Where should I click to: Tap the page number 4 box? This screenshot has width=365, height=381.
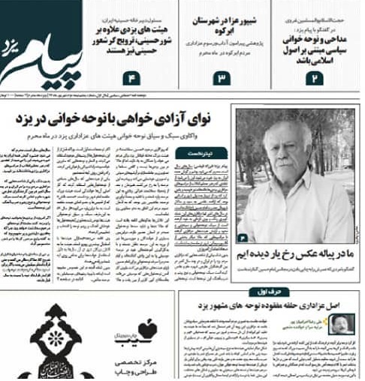tap(133, 78)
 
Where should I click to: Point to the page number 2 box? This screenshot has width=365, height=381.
tap(317, 78)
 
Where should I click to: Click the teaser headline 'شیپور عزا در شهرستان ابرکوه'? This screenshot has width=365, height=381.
tap(222, 26)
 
